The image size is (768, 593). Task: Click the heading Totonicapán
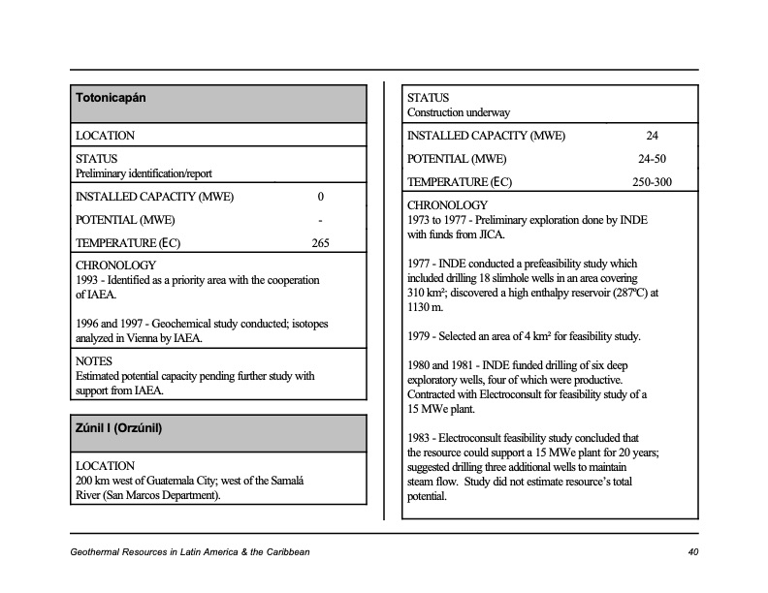(x=111, y=99)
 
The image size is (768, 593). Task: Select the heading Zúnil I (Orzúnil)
(x=118, y=427)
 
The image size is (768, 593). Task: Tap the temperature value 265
(x=320, y=243)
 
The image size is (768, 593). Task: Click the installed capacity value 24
(x=652, y=136)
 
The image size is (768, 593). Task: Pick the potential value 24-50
(x=652, y=159)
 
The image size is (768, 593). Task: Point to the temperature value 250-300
(x=652, y=182)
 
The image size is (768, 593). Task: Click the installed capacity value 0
(x=320, y=197)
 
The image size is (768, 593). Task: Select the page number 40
(x=692, y=552)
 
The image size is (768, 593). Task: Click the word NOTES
(x=94, y=360)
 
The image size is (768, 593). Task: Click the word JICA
(x=491, y=234)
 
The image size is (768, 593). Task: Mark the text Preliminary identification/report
(x=144, y=173)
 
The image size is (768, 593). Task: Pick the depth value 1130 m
(x=423, y=307)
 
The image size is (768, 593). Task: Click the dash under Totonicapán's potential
(x=320, y=220)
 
